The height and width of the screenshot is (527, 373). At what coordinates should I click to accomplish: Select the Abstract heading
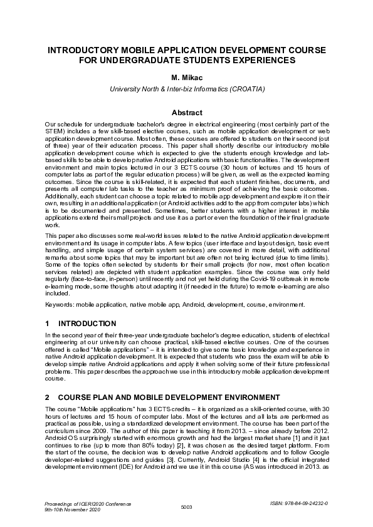point(187,113)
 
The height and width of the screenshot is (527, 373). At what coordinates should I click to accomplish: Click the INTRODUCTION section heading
point(87,324)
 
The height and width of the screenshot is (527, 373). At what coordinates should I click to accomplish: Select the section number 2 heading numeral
point(48,397)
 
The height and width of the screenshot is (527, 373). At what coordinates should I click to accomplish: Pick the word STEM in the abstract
point(55,132)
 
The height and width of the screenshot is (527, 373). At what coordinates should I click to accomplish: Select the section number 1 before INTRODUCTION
point(48,324)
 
